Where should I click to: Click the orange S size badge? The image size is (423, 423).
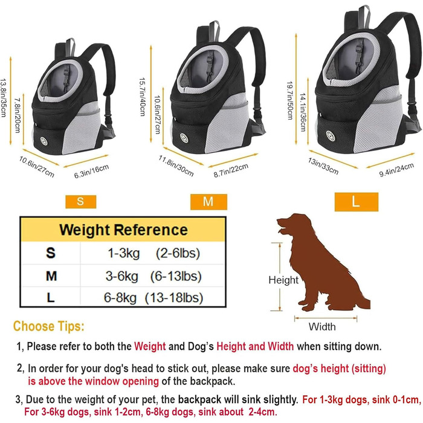[x=80, y=201]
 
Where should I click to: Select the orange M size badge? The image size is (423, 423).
[x=208, y=202]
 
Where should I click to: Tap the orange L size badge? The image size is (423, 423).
[x=357, y=202]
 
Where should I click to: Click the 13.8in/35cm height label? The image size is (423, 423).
[x=4, y=98]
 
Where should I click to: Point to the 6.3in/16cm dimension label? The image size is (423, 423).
[x=91, y=171]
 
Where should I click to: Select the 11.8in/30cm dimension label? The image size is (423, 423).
[x=176, y=166]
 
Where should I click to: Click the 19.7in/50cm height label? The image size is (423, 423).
[x=289, y=100]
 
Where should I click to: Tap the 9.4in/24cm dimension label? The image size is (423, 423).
[x=396, y=170]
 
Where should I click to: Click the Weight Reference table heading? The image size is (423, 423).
[x=123, y=230]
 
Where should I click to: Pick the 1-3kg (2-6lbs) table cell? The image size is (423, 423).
[x=153, y=253]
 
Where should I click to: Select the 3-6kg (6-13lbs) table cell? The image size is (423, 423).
[x=153, y=276]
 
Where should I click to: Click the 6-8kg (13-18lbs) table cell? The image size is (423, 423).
[x=153, y=298]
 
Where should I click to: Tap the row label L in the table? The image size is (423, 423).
[x=51, y=298]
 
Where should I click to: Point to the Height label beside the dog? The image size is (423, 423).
[x=283, y=280]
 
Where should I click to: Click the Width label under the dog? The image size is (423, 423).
[x=322, y=327]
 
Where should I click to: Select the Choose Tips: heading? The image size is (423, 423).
[x=48, y=326]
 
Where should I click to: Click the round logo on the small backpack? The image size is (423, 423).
[x=44, y=141]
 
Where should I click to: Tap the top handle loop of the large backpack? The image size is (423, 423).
[x=364, y=16]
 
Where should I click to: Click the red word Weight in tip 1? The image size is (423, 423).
[x=150, y=346]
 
